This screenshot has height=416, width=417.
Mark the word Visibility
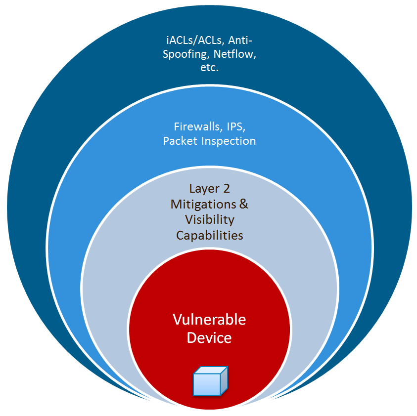tap(209, 219)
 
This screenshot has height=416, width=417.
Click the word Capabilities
tap(209, 235)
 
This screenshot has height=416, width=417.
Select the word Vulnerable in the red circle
tap(209, 320)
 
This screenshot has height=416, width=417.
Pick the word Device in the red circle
tap(209, 338)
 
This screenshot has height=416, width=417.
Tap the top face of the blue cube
tap(211, 371)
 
